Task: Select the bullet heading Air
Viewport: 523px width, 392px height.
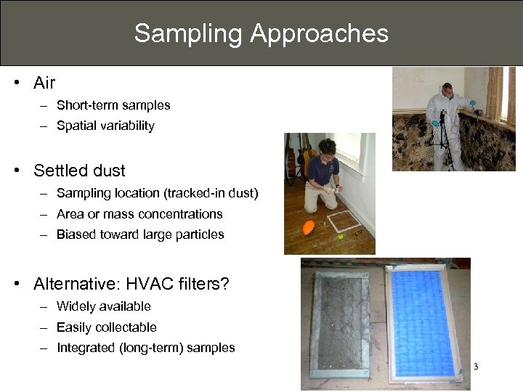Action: click(44, 83)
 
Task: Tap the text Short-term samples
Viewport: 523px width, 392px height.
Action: click(113, 105)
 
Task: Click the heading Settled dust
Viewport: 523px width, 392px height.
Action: click(79, 171)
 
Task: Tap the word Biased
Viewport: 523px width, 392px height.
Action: click(75, 234)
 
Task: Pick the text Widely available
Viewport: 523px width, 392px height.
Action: click(103, 306)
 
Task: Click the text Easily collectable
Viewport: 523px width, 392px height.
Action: click(106, 327)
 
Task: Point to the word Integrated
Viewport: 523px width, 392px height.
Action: click(86, 348)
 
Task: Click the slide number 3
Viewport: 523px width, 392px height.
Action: click(476, 366)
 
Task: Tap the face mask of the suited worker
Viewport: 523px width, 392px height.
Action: click(448, 94)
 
